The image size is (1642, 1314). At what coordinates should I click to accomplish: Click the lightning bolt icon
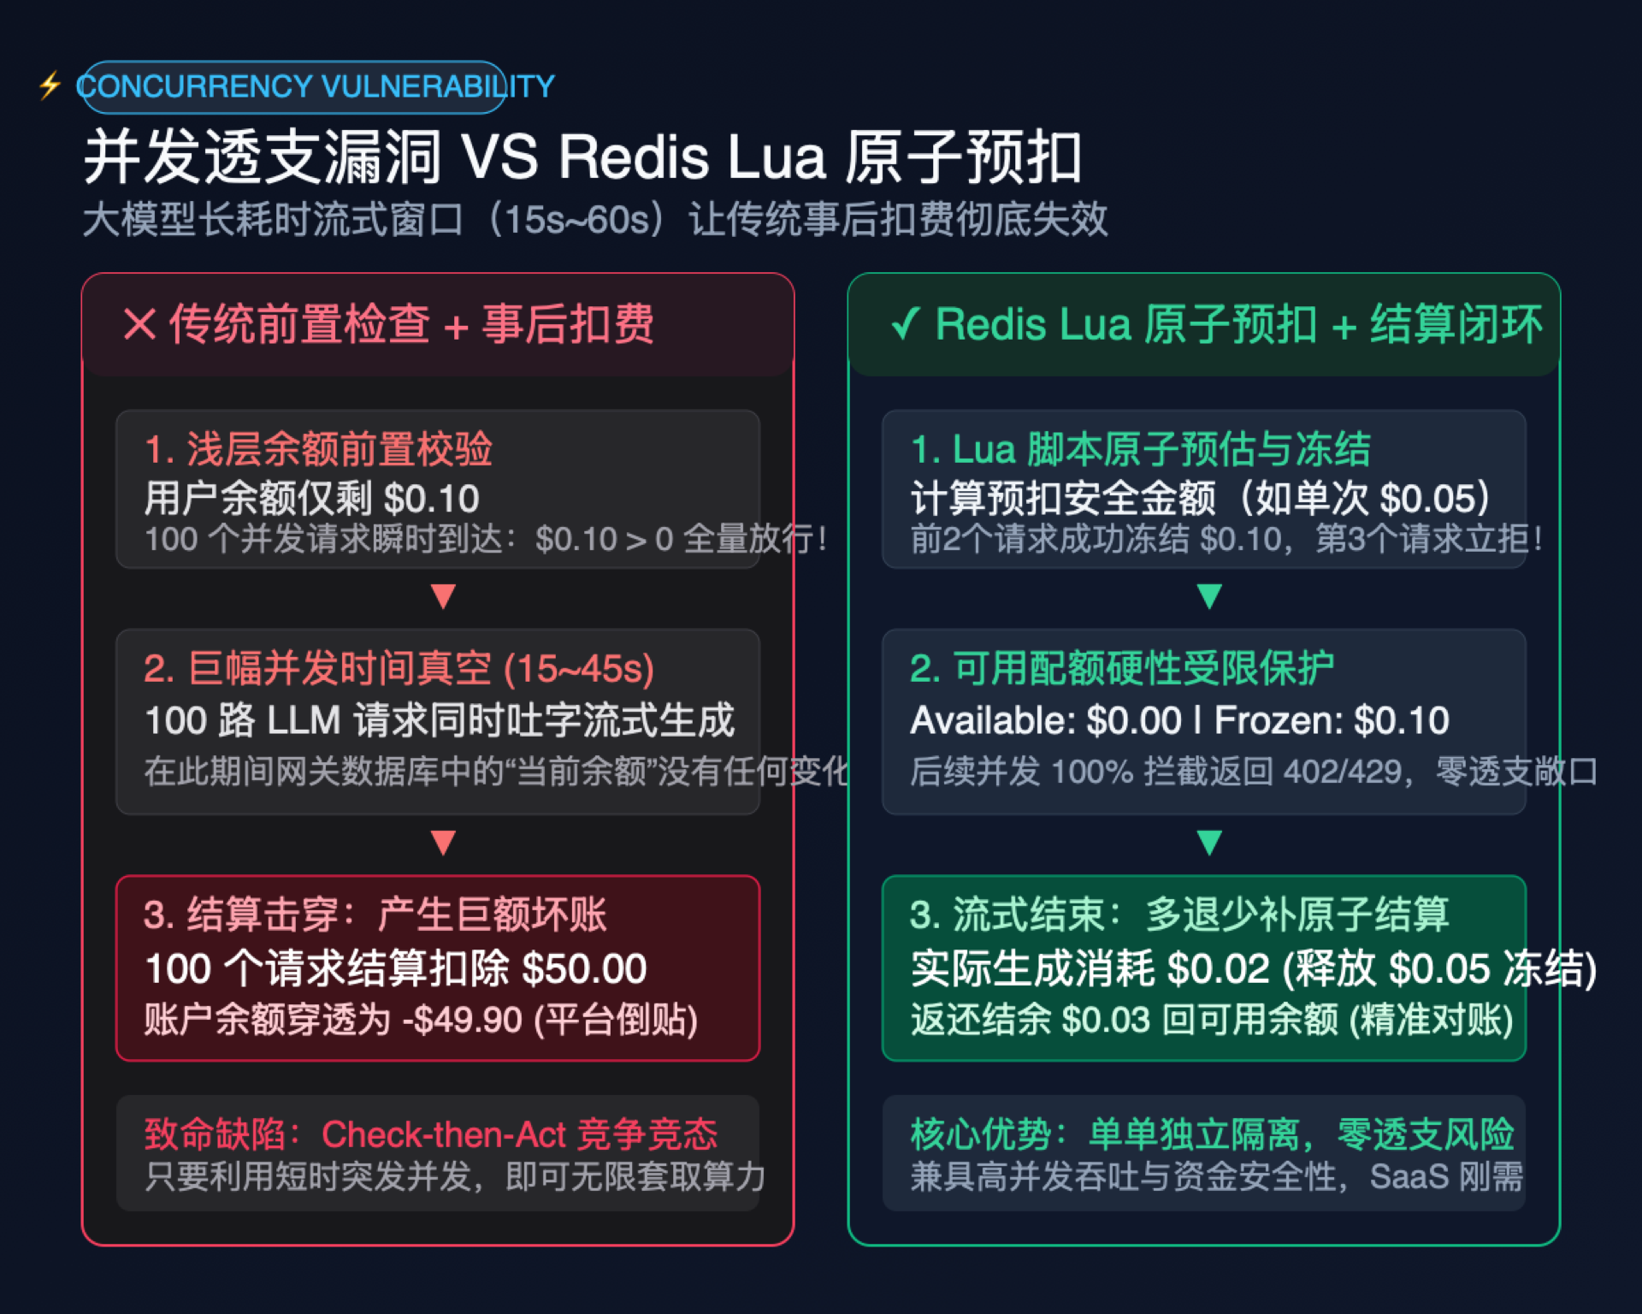point(50,86)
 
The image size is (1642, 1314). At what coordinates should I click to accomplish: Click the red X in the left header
point(139,324)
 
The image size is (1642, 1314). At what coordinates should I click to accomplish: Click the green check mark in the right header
point(905,323)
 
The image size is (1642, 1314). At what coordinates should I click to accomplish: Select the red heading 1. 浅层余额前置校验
point(318,449)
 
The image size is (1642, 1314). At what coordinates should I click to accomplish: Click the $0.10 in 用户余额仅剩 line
point(432,499)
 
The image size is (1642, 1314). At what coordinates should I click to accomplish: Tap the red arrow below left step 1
point(443,595)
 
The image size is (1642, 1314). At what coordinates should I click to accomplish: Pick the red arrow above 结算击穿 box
point(443,843)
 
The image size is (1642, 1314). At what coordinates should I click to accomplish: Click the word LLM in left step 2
point(304,720)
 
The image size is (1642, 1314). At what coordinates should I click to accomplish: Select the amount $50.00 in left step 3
point(584,968)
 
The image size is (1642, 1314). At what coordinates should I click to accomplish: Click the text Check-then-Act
point(444,1134)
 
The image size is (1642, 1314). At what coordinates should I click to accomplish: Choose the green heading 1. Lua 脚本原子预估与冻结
point(1141,449)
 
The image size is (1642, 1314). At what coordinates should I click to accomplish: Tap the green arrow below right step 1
point(1209,595)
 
